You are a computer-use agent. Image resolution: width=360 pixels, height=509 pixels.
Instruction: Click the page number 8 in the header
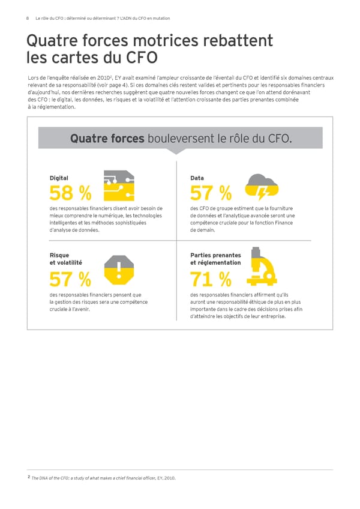28,19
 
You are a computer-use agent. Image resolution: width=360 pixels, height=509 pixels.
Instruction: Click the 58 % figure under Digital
71,193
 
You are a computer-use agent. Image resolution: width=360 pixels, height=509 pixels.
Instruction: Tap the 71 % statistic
211,279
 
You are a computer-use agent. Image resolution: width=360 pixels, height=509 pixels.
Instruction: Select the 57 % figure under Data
211,193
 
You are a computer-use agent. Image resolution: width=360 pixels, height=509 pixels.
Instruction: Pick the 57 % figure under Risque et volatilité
71,279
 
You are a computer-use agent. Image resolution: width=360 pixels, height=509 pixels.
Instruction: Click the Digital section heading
59,178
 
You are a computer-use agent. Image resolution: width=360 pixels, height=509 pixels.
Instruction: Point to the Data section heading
197,178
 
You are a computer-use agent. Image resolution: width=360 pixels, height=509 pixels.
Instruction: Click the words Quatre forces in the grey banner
107,139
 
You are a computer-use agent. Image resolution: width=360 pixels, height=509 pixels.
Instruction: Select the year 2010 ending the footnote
170,478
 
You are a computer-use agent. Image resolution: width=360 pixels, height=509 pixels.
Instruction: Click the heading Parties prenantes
215,254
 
